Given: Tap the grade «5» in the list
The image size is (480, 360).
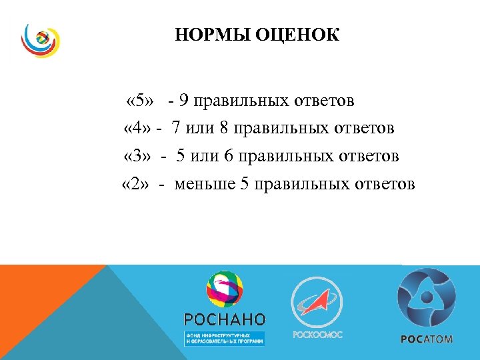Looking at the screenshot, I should tap(140, 101).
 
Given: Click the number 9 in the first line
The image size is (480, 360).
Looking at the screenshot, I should tap(183, 101).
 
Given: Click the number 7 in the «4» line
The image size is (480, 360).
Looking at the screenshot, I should tap(175, 127).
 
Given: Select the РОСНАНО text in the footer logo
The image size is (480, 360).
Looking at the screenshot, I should tap(224, 319).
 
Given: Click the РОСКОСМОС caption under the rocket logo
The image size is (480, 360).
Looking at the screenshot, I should tap(318, 334).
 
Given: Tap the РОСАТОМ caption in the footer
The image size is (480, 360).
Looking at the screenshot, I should tap(427, 339).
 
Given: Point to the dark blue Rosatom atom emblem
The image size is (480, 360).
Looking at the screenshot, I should tap(427, 297).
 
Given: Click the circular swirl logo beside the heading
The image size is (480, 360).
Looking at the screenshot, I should tap(39, 41).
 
